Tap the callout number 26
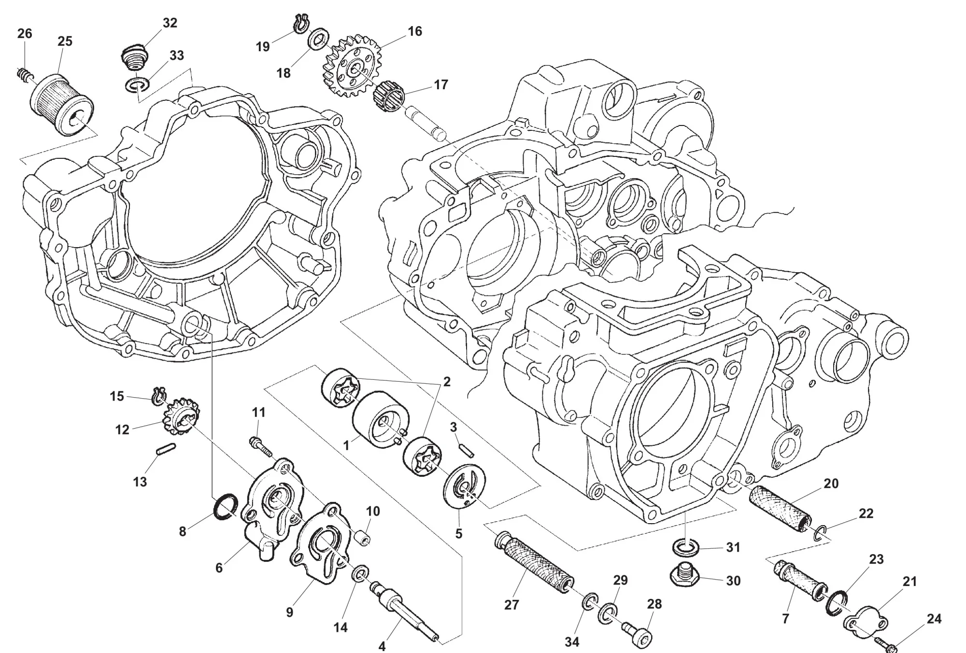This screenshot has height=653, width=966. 25,34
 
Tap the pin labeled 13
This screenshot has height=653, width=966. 166,450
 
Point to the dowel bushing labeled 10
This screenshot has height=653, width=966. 361,537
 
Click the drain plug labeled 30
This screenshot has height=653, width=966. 686,574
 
